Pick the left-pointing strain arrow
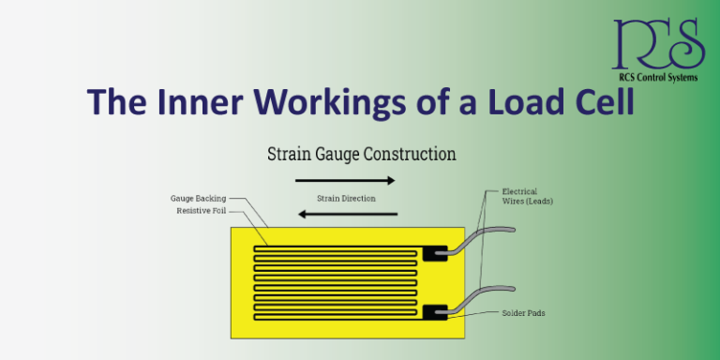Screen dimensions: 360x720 pyautogui.click(x=348, y=214)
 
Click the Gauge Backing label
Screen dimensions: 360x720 pyautogui.click(x=199, y=199)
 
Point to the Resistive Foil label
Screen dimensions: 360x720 pyautogui.click(x=202, y=210)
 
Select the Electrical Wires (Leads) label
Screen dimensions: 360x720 pyautogui.click(x=519, y=197)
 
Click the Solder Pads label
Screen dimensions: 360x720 pyautogui.click(x=523, y=313)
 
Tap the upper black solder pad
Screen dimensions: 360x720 pyautogui.click(x=435, y=252)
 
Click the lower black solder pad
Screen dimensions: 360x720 pyautogui.click(x=435, y=312)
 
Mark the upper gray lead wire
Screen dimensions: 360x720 pyautogui.click(x=487, y=234)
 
